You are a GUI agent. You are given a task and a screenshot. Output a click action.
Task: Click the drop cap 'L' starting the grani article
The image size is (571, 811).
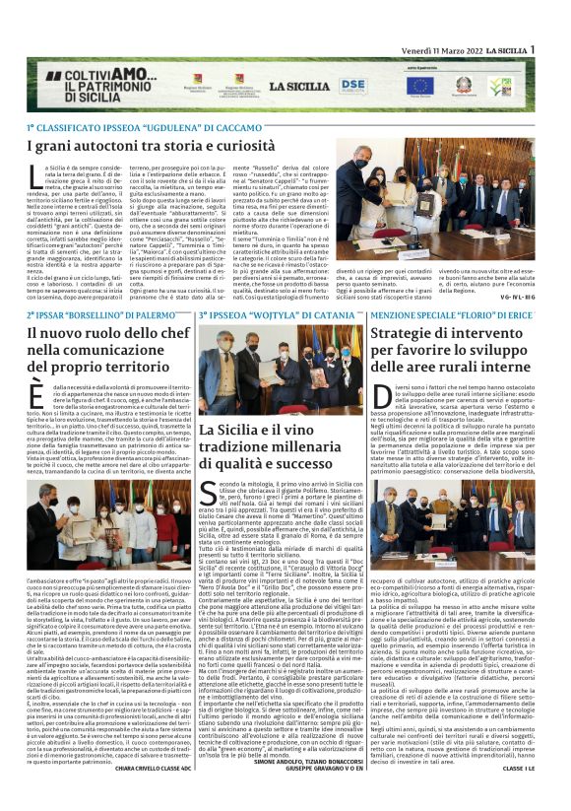36,174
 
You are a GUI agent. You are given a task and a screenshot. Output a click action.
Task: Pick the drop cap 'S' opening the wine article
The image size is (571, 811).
208,494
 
